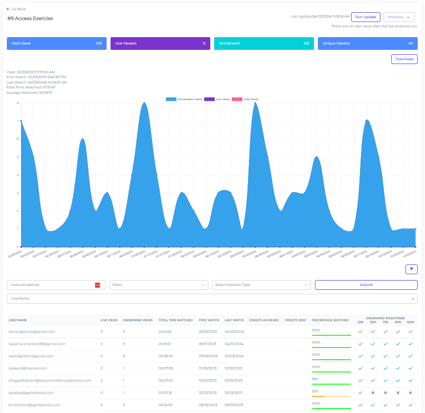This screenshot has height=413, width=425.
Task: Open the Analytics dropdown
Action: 399,17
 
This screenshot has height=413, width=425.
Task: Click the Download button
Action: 404,59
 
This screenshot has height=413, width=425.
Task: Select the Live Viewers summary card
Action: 160,43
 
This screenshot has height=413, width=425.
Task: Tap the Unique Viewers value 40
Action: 410,43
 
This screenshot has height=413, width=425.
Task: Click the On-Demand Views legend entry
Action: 184,99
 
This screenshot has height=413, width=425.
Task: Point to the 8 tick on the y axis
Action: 18,103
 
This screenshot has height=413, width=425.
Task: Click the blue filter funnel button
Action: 411,269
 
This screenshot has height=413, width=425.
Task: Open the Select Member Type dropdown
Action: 262,285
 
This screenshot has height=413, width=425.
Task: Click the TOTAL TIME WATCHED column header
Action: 175,320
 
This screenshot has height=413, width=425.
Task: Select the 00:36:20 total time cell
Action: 165,356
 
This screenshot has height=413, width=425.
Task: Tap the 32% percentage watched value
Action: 315,391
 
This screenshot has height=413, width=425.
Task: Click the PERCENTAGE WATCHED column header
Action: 330,320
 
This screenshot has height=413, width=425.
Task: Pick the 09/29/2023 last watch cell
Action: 233,405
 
